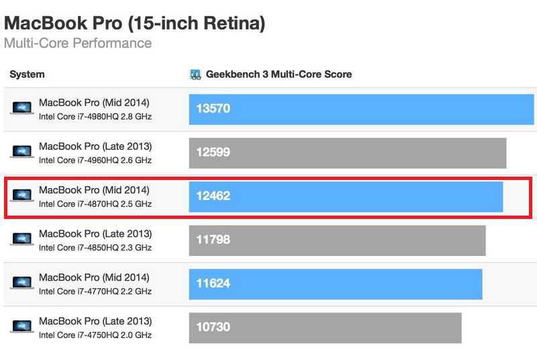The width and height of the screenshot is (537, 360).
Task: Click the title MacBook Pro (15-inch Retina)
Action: (134, 24)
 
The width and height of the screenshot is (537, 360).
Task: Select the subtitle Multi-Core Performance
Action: (78, 44)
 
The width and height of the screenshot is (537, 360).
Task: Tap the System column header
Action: (27, 75)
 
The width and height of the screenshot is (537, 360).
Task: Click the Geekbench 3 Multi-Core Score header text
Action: (279, 75)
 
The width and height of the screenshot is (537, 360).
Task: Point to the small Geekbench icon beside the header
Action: (196, 75)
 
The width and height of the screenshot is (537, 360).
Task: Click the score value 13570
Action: (213, 108)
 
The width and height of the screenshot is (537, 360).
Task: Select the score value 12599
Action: (213, 152)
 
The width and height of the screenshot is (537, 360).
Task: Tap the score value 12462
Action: (213, 196)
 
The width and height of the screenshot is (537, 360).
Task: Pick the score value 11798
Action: (213, 240)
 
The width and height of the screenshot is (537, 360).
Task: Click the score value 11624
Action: (213, 283)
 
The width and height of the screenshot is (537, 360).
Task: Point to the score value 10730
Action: (213, 327)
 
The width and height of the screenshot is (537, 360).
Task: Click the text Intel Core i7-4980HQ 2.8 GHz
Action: (95, 117)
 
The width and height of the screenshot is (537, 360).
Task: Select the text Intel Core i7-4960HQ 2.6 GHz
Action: (95, 161)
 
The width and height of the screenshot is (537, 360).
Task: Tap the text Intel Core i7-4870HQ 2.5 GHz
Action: (95, 204)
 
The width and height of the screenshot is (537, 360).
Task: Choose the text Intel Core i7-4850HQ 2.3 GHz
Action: (95, 248)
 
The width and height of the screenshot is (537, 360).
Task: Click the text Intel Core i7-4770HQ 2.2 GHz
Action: (95, 291)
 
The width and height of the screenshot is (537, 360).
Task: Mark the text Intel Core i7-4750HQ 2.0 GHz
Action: (95, 335)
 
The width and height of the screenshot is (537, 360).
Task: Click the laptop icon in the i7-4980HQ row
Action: (21, 108)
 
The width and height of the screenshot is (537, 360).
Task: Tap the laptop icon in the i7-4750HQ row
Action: (21, 327)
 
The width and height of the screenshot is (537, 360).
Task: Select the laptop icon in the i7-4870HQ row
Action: (21, 196)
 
